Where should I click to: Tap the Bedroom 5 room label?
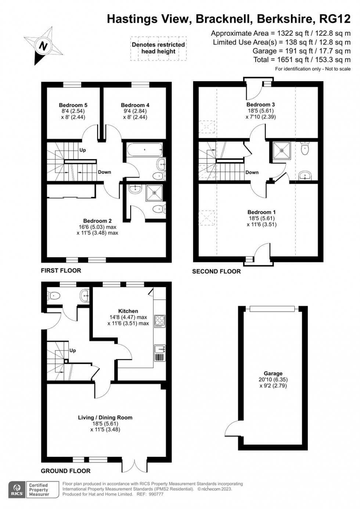click(73, 105)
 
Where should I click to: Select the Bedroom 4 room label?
click(135, 105)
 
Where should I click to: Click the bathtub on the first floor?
click(145, 150)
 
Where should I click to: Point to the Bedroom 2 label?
click(97, 221)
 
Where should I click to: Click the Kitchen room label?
click(128, 311)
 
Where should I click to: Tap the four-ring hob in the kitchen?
click(160, 320)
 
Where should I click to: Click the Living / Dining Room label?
click(105, 417)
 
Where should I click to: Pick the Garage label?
click(273, 373)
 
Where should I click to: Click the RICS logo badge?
click(17, 490)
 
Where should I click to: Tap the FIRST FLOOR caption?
click(61, 270)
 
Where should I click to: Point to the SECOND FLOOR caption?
click(216, 271)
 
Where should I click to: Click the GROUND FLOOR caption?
click(65, 471)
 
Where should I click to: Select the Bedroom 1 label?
click(262, 212)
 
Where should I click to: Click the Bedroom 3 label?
click(260, 105)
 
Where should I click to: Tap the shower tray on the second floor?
click(282, 150)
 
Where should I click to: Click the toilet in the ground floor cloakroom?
click(55, 295)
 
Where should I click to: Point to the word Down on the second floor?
click(252, 172)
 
